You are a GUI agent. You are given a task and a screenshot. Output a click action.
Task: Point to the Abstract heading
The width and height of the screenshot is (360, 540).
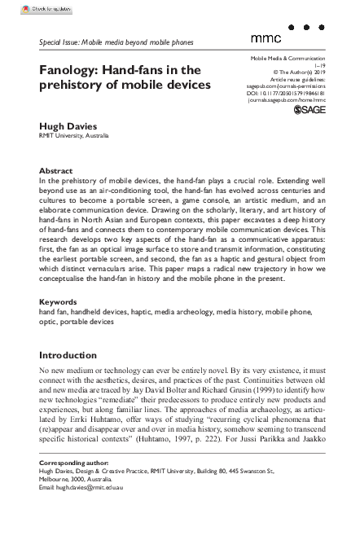coord(55,171)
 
